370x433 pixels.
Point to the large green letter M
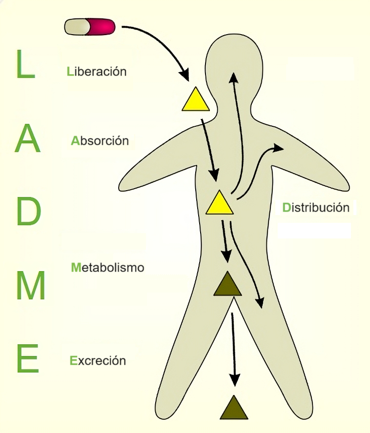30,286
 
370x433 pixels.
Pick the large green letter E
27,358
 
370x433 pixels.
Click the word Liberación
97,71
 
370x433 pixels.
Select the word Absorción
100,141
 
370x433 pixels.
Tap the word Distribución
316,208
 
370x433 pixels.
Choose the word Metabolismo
107,268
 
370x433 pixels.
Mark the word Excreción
98,361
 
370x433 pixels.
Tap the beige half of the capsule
77,27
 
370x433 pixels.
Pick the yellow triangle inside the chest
219,204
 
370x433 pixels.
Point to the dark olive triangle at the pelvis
227,286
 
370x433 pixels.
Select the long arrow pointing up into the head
237,132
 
